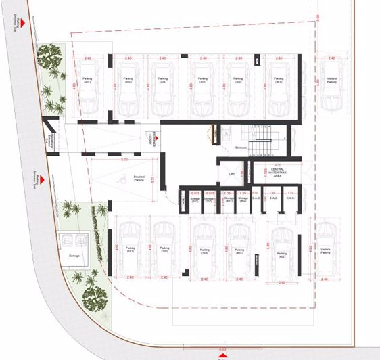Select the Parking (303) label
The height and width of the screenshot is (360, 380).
click(279, 80)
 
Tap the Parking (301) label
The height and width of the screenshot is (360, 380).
click(201, 80)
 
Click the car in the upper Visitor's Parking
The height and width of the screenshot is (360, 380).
click(331, 86)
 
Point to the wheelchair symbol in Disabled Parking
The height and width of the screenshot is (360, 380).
click(122, 181)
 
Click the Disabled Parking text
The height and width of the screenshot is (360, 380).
click(139, 179)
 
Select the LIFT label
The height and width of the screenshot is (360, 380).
click(231, 173)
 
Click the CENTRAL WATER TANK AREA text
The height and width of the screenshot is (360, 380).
click(272, 172)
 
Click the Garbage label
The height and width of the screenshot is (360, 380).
click(74, 255)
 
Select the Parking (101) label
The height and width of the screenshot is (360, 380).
click(130, 249)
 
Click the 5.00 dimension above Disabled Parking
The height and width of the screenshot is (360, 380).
click(124, 160)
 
